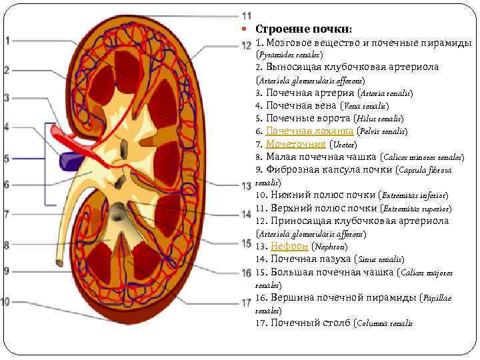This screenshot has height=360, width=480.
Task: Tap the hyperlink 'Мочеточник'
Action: tap(295, 144)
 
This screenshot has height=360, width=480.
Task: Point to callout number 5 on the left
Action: tap(7, 159)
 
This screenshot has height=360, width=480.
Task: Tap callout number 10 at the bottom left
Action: tap(6, 301)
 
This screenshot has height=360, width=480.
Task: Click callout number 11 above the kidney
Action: tap(247, 15)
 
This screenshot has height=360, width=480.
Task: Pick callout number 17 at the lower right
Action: tap(247, 302)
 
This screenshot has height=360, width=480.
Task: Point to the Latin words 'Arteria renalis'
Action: tap(385, 93)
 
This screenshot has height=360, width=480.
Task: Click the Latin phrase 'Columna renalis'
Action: tap(385, 323)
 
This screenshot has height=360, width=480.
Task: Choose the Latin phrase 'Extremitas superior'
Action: tap(413, 209)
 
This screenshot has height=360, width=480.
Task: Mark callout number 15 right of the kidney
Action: tap(247, 243)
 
